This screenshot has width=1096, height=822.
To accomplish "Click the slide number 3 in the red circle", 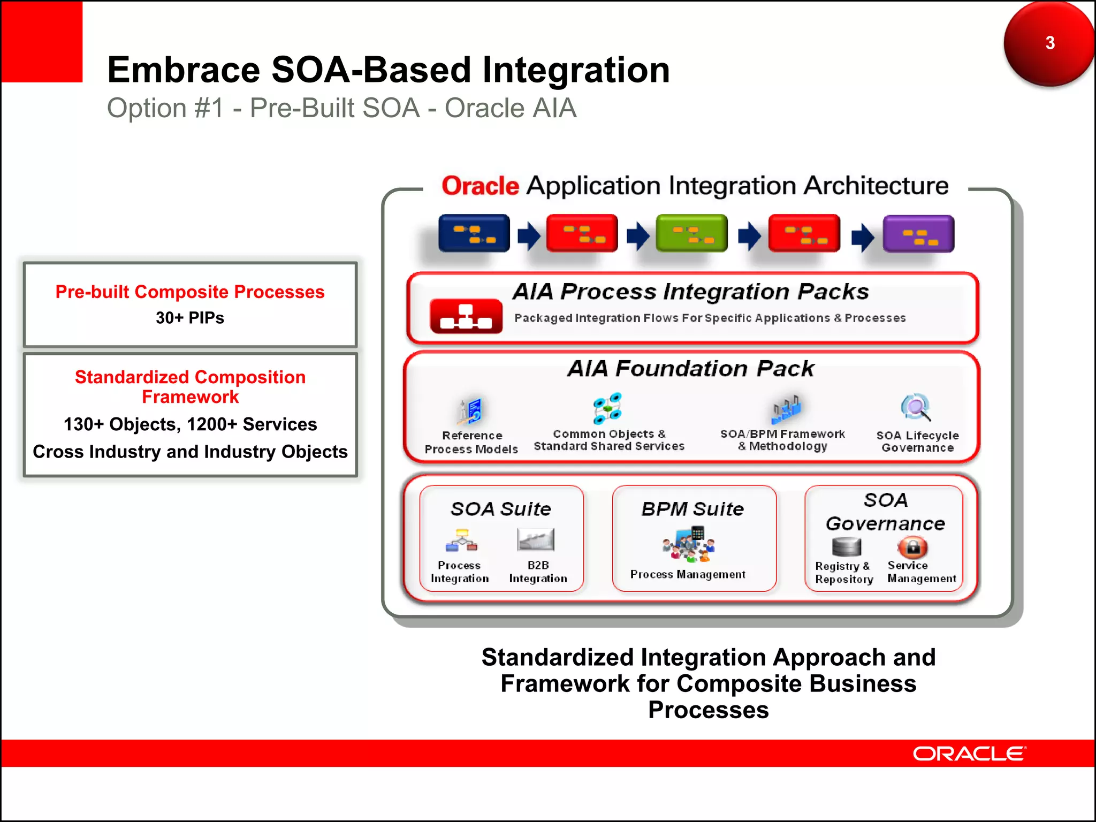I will coord(1049,43).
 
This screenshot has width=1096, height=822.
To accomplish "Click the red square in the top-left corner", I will coord(41,41).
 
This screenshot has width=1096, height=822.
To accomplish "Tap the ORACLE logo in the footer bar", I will coord(969,753).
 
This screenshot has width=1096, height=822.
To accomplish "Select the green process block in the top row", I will coord(691,233).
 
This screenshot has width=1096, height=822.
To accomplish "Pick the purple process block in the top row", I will coord(918,234).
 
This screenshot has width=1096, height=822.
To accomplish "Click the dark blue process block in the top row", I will coord(474,233).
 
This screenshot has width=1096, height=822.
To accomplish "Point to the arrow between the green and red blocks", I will coord(749,235).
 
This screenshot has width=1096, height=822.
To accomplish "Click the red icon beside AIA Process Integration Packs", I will coord(466,316).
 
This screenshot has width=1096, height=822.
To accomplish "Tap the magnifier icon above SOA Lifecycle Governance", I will coord(916,408).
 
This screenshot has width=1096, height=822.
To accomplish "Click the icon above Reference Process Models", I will coord(470,412).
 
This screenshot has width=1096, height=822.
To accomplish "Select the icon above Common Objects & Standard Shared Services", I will coord(607,408).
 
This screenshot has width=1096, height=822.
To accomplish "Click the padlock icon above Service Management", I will coord(912,547).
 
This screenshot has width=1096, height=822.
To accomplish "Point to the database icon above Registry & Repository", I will coord(847,547).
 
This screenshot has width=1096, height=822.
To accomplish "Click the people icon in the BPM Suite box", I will coord(689,544).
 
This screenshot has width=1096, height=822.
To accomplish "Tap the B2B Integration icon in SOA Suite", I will coord(536,539).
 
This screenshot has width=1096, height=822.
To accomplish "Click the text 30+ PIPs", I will coord(190,318).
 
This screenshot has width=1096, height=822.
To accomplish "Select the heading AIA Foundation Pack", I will coord(690,369).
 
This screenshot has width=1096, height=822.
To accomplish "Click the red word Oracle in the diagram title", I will coord(480,186).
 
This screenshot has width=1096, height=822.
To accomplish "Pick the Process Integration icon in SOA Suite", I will coord(461,541).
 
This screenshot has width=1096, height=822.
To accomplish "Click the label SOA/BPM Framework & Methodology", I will coord(782,440).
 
